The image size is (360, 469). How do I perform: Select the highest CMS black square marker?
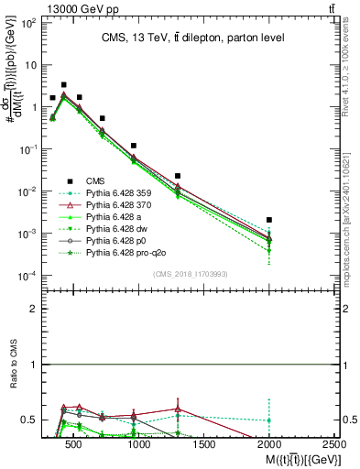tap(63, 84)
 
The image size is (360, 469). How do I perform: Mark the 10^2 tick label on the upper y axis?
tap(29, 23)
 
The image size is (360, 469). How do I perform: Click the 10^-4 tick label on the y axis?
tap(28, 276)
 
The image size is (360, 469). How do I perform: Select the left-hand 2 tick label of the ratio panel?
tap(34, 309)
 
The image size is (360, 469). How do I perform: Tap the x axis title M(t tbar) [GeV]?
tap(294, 457)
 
